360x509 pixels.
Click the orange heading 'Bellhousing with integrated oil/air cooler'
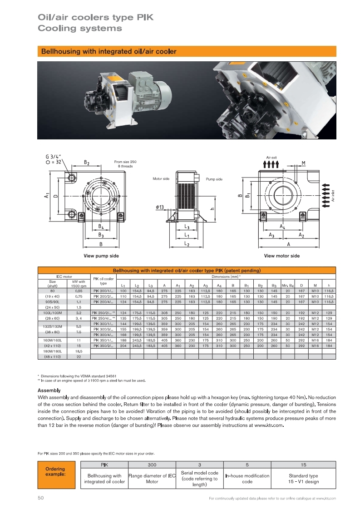tap(108, 52)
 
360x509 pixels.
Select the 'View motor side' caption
tap(281, 256)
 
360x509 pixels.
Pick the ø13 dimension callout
tap(159, 207)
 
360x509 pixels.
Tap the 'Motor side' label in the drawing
tap(161, 179)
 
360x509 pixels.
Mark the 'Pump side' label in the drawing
tap(214, 179)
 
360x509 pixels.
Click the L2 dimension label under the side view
tap(187, 244)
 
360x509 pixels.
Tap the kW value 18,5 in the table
tap(79, 351)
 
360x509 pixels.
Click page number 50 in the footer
tap(40, 498)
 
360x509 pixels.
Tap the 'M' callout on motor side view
tap(303, 163)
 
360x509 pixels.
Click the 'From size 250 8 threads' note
tap(125, 164)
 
